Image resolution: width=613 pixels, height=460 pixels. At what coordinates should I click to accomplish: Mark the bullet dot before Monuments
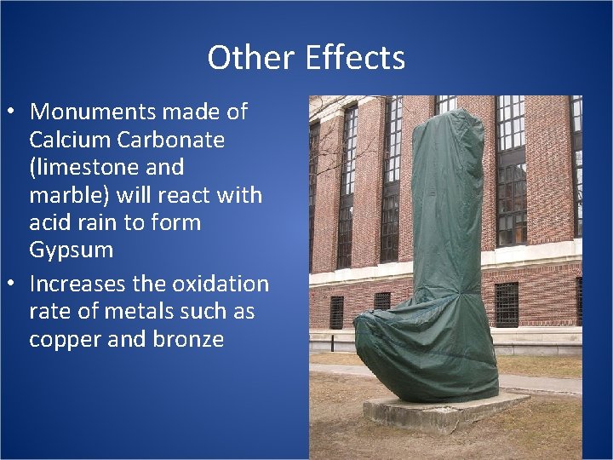coord(14,112)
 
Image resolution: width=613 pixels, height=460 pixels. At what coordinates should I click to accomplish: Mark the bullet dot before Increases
coord(14,284)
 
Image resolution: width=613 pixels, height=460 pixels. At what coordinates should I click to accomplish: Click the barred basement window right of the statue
coord(507,304)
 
